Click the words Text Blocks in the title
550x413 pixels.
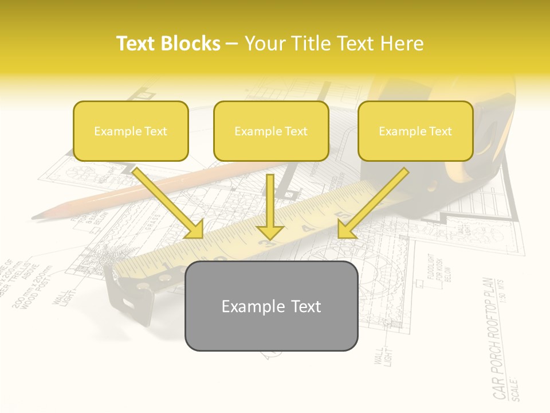tap(168, 44)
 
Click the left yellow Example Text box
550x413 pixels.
tap(131, 131)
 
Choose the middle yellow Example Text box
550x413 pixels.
tap(271, 131)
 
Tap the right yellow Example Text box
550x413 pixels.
tap(415, 131)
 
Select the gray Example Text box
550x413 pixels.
tap(271, 306)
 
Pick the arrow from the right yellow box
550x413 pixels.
tap(373, 204)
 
